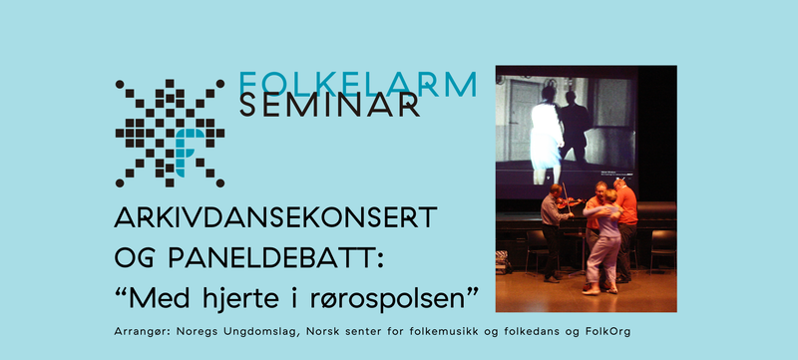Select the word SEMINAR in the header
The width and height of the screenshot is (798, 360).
tap(328, 106)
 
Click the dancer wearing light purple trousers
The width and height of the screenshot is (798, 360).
tap(603, 244)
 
